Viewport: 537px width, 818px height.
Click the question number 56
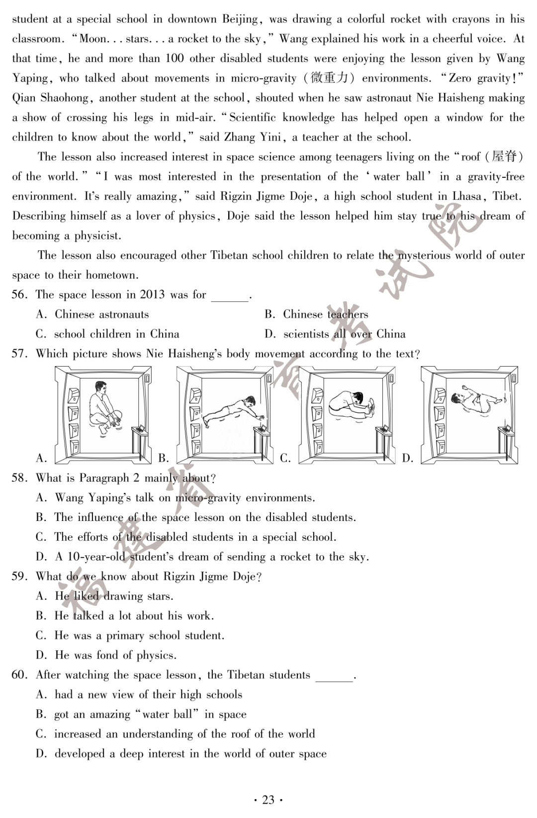pyautogui.click(x=19, y=295)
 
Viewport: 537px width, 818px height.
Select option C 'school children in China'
pyautogui.click(x=116, y=334)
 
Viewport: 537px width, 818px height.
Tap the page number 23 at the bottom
pyautogui.click(x=268, y=800)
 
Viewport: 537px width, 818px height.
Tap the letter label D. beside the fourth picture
pyautogui.click(x=408, y=458)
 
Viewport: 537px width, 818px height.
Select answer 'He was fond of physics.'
pyautogui.click(x=115, y=655)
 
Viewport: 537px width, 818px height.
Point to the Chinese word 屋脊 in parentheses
pyautogui.click(x=504, y=157)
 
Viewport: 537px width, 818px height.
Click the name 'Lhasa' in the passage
pyautogui.click(x=467, y=196)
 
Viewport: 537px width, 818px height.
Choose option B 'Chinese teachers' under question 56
pyautogui.click(x=325, y=314)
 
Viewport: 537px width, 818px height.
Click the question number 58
pyautogui.click(x=19, y=478)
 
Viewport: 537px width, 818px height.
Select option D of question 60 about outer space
pyautogui.click(x=190, y=753)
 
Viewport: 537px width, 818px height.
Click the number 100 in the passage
pyautogui.click(x=175, y=59)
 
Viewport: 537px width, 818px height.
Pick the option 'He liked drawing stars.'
pyautogui.click(x=114, y=596)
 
